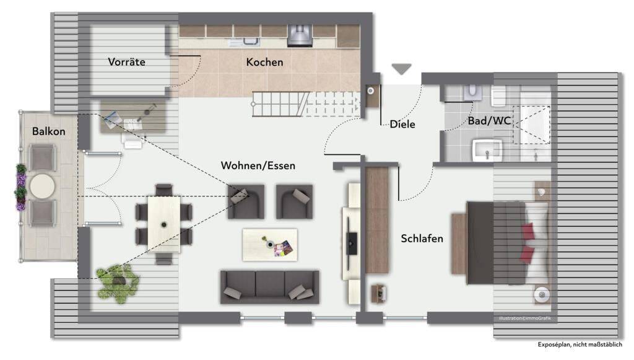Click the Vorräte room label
click(126, 62)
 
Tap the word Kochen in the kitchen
click(265, 63)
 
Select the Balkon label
click(48, 131)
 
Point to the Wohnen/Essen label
click(258, 165)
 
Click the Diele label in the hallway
click(402, 124)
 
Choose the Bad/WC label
click(489, 121)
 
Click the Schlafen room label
click(422, 239)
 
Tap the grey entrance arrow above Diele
click(401, 69)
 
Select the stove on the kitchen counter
click(300, 35)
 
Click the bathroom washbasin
click(487, 151)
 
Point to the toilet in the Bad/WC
click(472, 93)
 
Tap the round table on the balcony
click(43, 187)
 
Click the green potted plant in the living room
click(118, 283)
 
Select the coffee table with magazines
click(270, 245)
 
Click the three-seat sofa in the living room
click(270, 287)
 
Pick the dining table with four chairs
click(163, 224)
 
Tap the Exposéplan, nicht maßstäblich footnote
click(580, 345)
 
